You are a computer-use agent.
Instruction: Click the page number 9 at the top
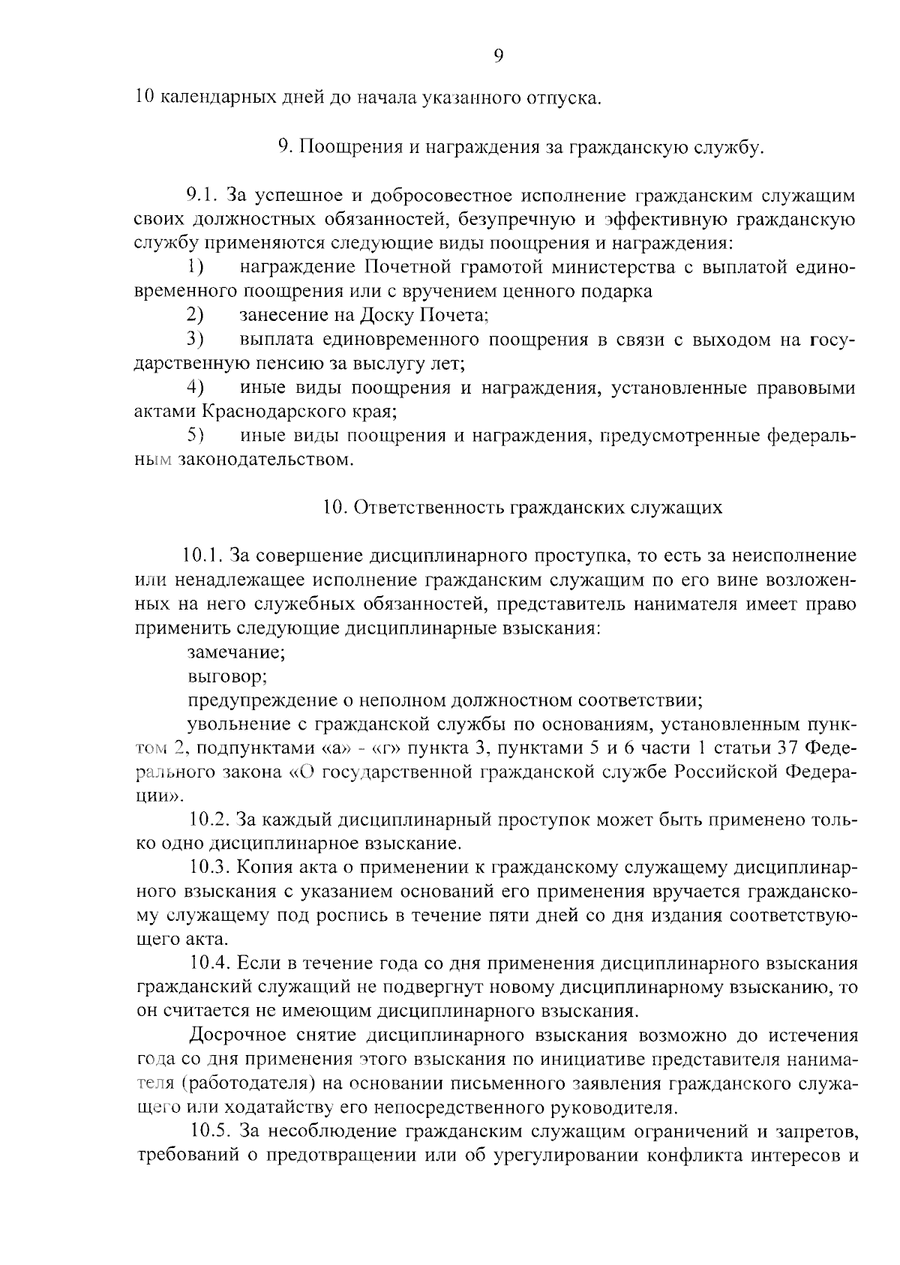[499, 55]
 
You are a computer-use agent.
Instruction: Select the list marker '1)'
[196, 267]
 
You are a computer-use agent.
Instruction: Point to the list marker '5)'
[196, 435]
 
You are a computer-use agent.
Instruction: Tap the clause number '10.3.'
[211, 868]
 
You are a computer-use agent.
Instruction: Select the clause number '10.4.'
[211, 964]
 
